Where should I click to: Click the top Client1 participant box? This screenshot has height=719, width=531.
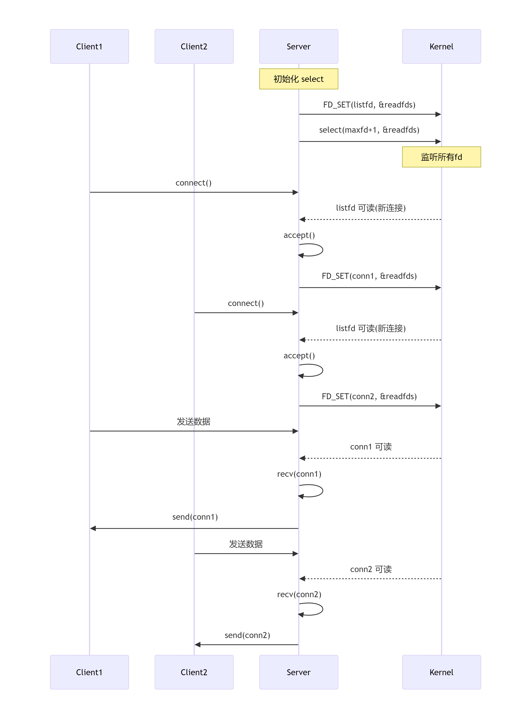point(89,46)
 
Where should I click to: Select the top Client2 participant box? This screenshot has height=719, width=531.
point(194,46)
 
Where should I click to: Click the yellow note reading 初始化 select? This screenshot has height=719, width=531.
point(298,79)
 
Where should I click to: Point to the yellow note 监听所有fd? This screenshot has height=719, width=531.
point(441,157)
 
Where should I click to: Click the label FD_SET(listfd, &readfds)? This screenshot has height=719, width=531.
point(369,105)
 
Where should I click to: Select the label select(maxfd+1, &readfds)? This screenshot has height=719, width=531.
point(369,130)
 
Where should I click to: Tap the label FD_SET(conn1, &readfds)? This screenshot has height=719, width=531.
point(369,276)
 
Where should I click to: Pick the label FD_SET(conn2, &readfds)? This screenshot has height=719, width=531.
point(369,396)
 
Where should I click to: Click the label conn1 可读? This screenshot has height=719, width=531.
point(371,447)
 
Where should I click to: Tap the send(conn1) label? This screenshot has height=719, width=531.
point(195,517)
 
